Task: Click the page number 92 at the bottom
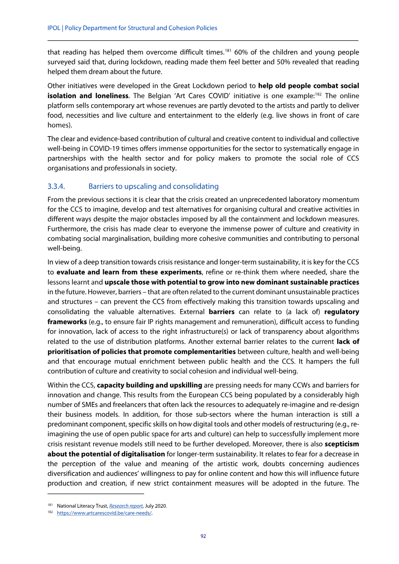(203, 536)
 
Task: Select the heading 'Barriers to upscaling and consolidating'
(153, 187)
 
